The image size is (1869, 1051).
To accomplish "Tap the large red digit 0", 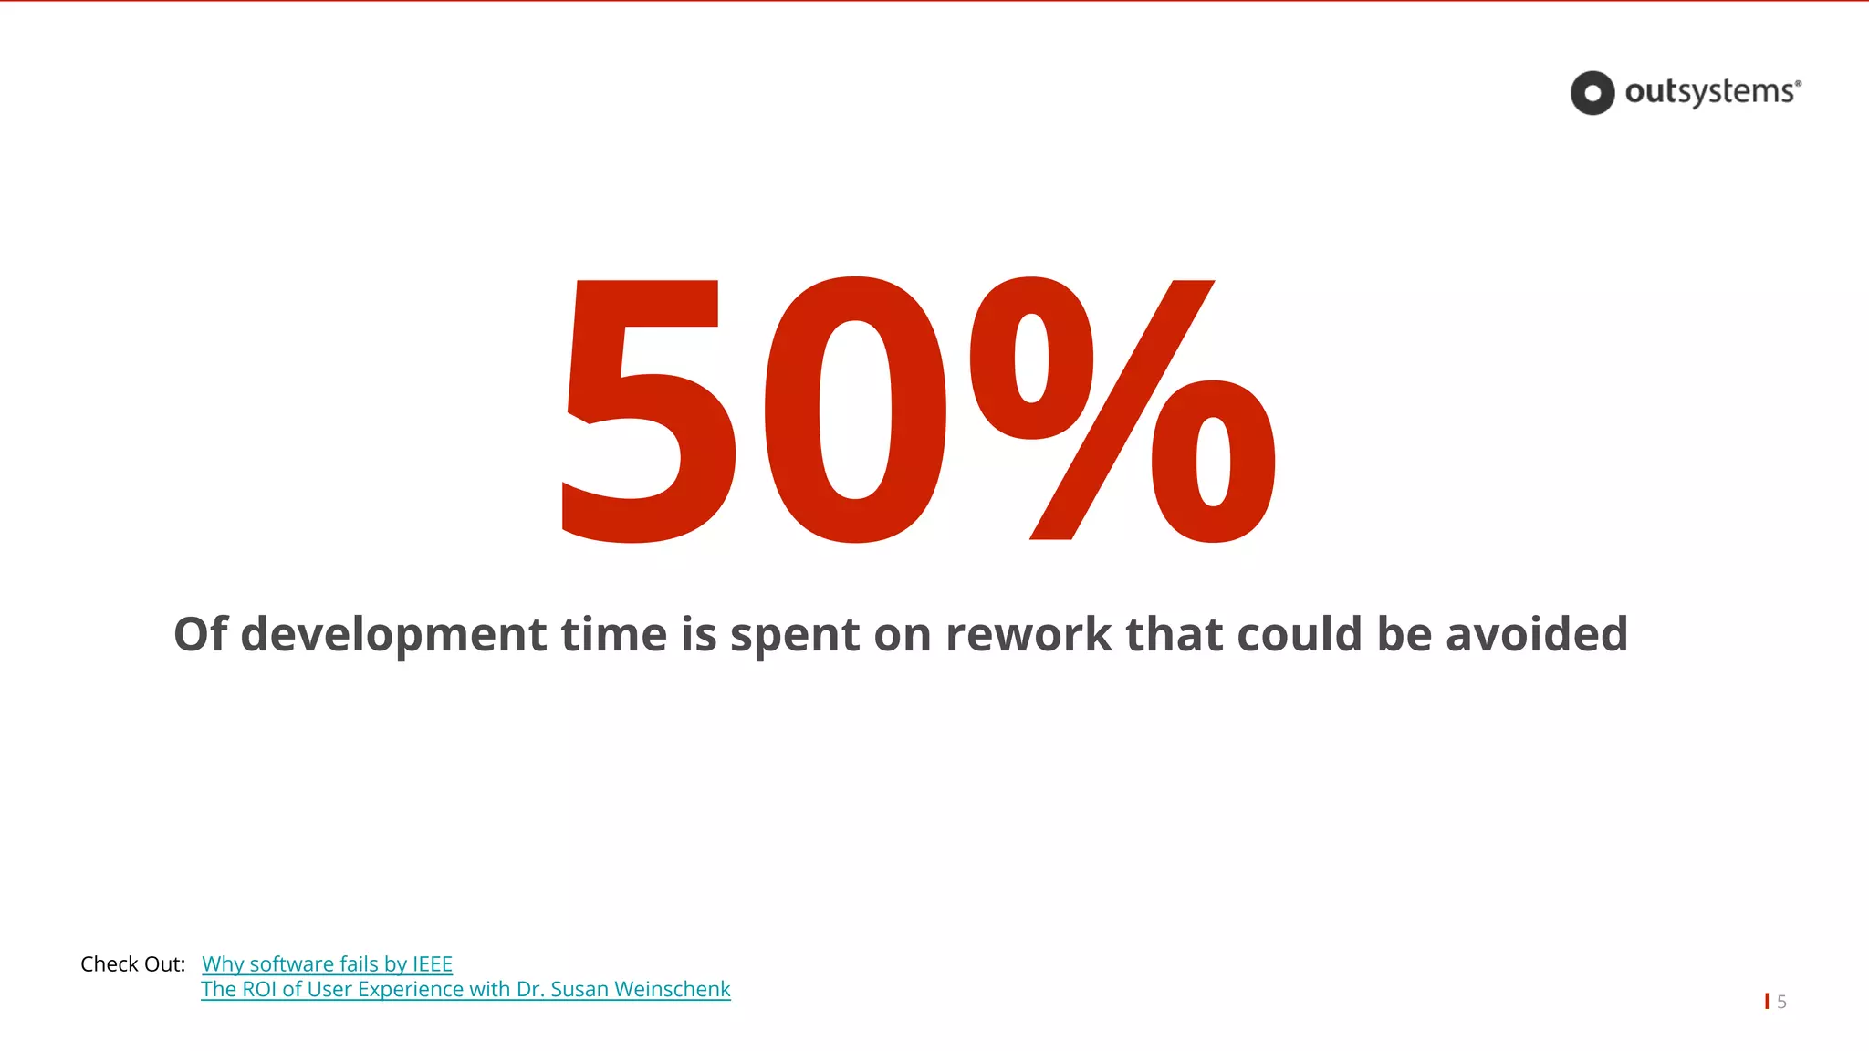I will tap(854, 411).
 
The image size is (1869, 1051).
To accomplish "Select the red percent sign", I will tap(1122, 411).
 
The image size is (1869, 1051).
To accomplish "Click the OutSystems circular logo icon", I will tap(1592, 93).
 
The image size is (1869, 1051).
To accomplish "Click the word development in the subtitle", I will tap(393, 635).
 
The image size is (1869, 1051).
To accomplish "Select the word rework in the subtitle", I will tap(1028, 633).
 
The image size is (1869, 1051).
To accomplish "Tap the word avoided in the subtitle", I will tap(1537, 633).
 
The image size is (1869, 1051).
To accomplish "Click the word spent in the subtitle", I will tap(795, 635).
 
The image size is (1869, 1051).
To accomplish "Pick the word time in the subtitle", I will tap(613, 633).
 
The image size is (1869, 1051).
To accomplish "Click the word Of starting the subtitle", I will tap(200, 633).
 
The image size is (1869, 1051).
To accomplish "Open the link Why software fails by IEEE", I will tap(327, 964).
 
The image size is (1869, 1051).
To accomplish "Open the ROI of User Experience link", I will tap(465, 990).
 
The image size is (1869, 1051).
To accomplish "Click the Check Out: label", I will tap(133, 964).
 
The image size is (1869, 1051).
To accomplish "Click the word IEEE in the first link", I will tap(432, 964).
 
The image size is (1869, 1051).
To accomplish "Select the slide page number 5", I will tap(1781, 1002).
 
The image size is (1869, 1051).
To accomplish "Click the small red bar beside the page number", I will tap(1767, 1001).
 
